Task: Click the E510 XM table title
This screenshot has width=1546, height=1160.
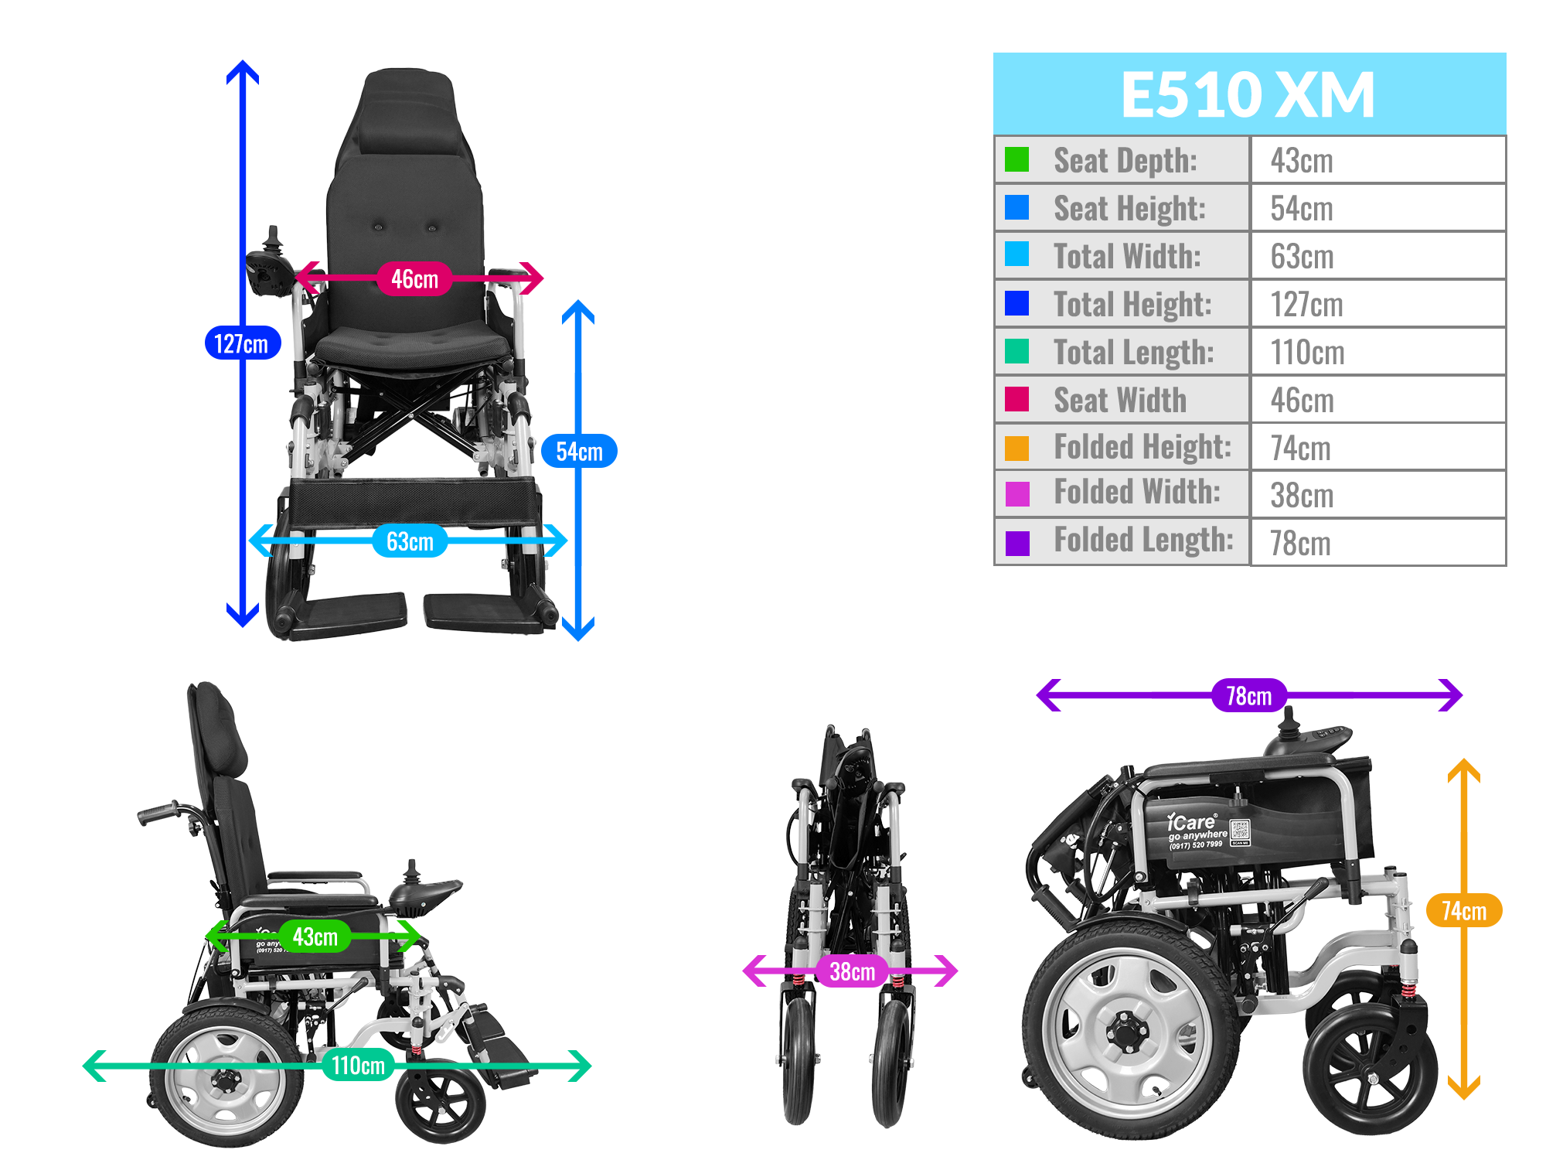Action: (1248, 94)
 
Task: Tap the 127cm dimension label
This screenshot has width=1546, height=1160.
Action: (242, 343)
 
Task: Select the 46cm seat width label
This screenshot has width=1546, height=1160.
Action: (414, 278)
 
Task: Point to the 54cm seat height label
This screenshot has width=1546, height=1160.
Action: (579, 452)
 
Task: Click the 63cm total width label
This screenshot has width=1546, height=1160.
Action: (410, 541)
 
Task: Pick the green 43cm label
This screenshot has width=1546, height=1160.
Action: (315, 937)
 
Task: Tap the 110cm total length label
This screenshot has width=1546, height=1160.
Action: (358, 1066)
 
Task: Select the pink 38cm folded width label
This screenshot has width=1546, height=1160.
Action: (852, 971)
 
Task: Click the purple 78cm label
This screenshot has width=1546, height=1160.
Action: (1248, 696)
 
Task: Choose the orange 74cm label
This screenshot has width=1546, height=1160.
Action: (1463, 911)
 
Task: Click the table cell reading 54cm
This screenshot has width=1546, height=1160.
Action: (1302, 208)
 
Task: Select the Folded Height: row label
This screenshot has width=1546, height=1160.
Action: (1142, 447)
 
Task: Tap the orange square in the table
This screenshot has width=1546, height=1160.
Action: (1016, 448)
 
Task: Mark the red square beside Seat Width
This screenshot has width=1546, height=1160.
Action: (1016, 400)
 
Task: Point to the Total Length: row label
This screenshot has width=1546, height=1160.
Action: (1134, 352)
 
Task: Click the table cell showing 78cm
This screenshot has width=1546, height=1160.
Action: (1300, 543)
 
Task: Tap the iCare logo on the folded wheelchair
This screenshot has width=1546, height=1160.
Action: (1191, 821)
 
